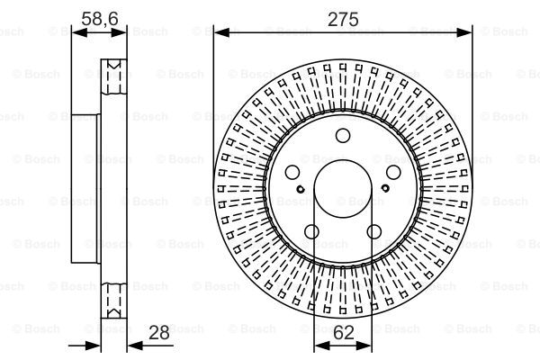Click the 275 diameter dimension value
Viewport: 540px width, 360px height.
click(343, 19)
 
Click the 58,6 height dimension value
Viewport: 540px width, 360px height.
click(100, 19)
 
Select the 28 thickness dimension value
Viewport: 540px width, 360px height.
click(158, 333)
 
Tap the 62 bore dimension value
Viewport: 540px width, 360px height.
click(344, 333)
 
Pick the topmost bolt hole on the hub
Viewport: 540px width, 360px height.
click(343, 135)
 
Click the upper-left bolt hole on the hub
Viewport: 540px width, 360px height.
click(292, 172)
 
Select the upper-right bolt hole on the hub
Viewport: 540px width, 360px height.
click(393, 172)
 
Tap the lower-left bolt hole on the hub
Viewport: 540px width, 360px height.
click(311, 232)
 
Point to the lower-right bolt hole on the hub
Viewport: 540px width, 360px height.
click(374, 232)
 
